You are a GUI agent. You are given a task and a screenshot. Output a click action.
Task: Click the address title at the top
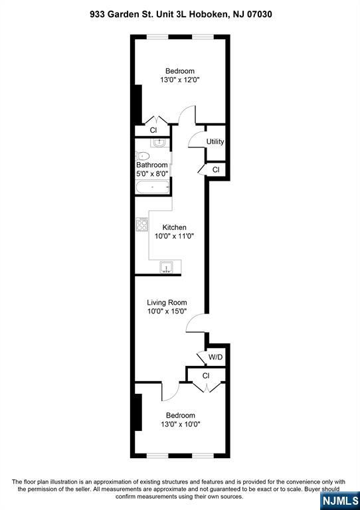180,14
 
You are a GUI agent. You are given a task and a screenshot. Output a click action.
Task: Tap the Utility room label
215,141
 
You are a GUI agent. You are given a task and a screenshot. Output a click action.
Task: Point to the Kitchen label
171,227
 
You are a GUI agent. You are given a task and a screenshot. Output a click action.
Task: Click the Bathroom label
152,165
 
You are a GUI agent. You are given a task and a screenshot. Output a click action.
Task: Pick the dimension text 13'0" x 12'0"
180,80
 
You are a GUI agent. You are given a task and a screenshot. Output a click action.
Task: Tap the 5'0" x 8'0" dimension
152,173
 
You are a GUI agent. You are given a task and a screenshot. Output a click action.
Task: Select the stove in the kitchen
142,224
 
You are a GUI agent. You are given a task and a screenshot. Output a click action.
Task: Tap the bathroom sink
158,142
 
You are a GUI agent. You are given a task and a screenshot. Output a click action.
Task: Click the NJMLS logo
339,499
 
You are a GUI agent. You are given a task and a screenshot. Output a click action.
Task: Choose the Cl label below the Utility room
216,170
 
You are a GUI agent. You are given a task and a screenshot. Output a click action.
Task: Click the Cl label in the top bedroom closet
153,130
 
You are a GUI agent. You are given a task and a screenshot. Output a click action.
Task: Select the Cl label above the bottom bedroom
206,376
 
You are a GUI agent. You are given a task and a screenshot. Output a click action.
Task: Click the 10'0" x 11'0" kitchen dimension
171,236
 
